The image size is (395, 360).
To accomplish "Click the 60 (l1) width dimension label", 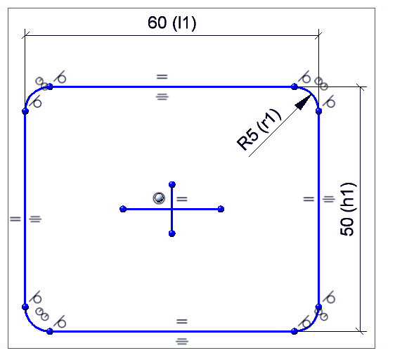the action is (x=171, y=23).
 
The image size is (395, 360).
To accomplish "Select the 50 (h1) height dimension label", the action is (x=348, y=210).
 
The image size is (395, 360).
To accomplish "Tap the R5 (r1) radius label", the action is (x=259, y=129).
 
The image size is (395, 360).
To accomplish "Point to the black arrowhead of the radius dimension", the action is (x=303, y=103).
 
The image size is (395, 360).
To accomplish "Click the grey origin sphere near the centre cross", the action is (x=159, y=198).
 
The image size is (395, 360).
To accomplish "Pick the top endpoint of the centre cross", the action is (x=172, y=184).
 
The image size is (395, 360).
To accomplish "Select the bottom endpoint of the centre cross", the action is (x=172, y=233).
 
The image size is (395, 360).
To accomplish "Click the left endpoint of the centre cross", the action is (x=123, y=209).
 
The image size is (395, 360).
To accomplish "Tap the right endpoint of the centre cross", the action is (x=221, y=209).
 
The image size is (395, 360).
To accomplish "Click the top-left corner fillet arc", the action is (x=32, y=94).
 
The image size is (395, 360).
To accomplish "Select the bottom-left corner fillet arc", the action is (x=32, y=324).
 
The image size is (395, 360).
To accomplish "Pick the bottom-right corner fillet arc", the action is (x=312, y=324).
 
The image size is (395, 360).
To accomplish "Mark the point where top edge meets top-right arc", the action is (x=294, y=86).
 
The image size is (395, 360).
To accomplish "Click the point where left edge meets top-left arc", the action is (x=25, y=111).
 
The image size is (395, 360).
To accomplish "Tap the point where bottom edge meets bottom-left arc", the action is (x=50, y=331).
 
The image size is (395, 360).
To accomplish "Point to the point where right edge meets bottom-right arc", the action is (x=318, y=307).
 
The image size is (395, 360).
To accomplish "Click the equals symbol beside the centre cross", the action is (x=182, y=199).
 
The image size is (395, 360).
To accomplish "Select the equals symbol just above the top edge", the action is (x=162, y=77).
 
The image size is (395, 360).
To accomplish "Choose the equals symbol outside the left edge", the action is (x=15, y=219).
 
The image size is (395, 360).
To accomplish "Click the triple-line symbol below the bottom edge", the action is (x=182, y=342).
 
